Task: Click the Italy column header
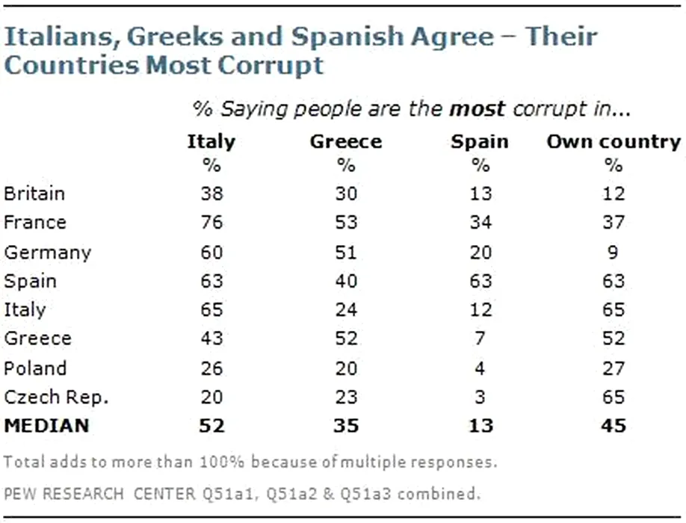211,141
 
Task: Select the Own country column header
614,141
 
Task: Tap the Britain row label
34,194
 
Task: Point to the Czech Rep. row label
57,397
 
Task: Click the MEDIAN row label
46,426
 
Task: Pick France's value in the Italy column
211,223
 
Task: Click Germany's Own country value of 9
614,252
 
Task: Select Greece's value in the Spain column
480,338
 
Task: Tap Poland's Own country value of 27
614,368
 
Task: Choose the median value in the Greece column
345,426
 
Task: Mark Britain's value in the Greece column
345,194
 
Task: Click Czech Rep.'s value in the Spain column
480,397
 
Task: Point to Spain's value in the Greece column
345,281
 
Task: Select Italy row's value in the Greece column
345,309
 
